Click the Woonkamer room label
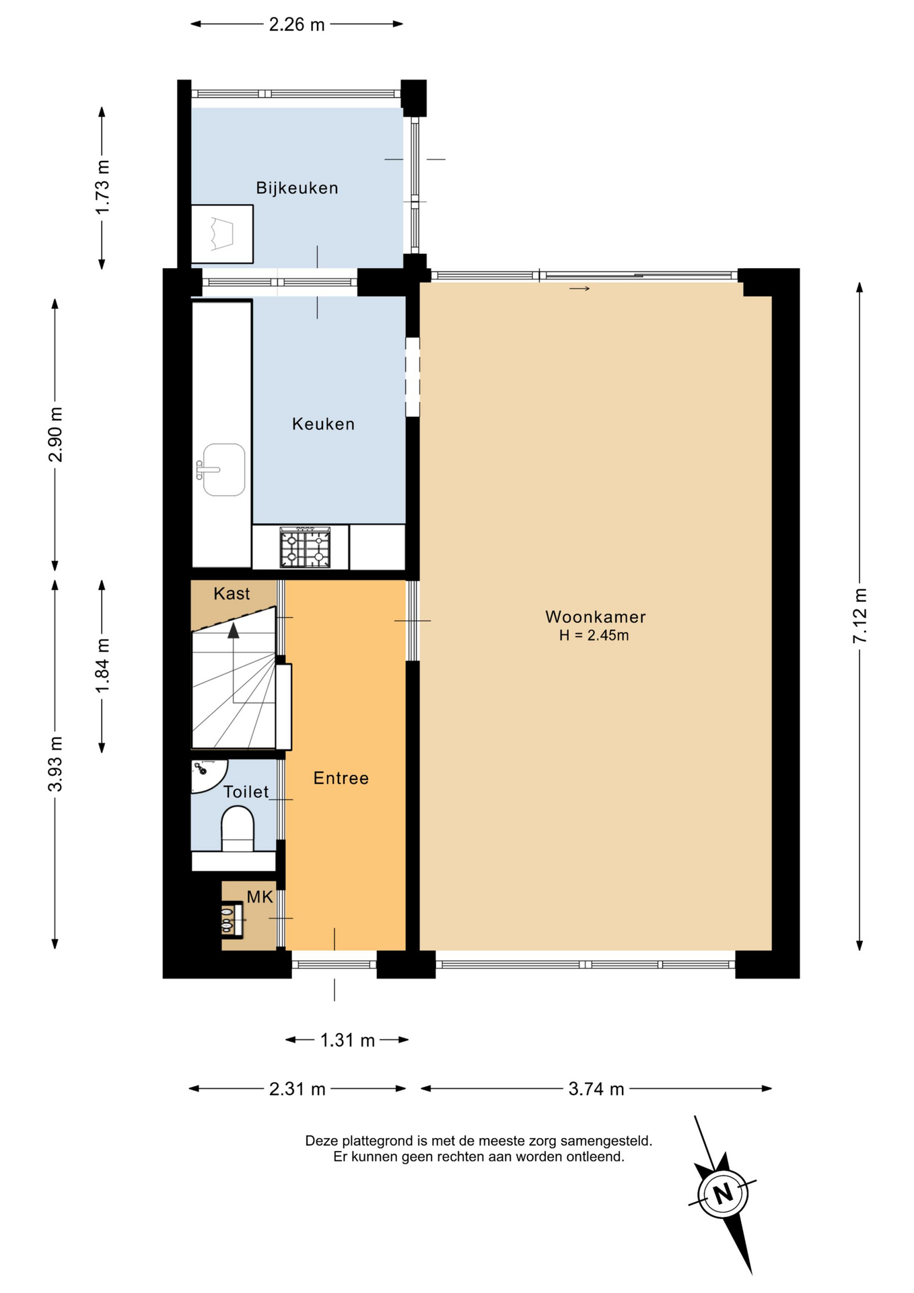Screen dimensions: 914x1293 [x=595, y=617]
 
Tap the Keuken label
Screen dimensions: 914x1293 [x=323, y=424]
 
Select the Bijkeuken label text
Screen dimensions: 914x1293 [x=297, y=189]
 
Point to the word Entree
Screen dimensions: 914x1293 [x=341, y=778]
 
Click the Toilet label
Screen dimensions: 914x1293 [x=246, y=792]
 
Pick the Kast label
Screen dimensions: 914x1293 [x=232, y=594]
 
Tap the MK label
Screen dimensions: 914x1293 [x=260, y=897]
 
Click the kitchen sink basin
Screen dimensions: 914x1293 [x=223, y=469]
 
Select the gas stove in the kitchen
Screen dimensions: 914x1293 [x=306, y=548]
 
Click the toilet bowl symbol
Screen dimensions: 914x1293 [x=238, y=829]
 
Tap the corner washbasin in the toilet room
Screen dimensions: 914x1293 [x=207, y=774]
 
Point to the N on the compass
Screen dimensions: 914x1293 [x=724, y=1194]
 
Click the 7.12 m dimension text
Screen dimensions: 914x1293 [x=860, y=615]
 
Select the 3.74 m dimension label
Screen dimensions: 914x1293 [x=596, y=1089]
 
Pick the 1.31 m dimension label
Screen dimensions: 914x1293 [x=347, y=1040]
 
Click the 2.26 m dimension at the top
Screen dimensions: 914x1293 [x=297, y=25]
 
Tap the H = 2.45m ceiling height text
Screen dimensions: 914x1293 [x=594, y=635]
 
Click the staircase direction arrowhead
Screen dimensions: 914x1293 [x=234, y=630]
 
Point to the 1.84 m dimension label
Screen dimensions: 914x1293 [x=102, y=665]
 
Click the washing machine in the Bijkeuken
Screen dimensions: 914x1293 [x=222, y=234]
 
